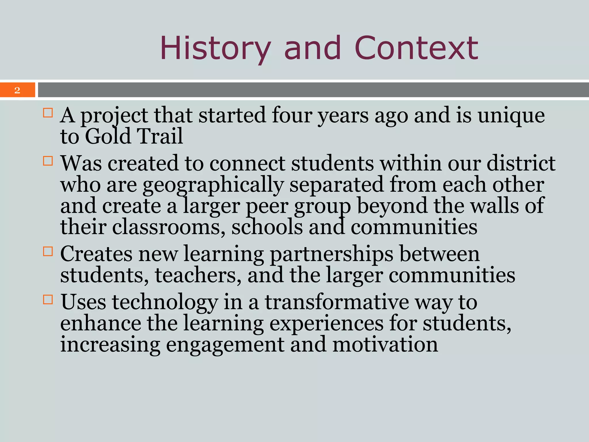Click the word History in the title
(215, 48)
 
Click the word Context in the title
(416, 48)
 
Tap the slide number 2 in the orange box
(17, 90)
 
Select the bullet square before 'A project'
(48, 113)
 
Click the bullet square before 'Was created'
(48, 161)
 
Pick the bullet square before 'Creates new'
(48, 251)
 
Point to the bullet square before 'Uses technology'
(48, 299)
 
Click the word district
(521, 163)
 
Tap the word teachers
(198, 276)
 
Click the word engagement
(225, 345)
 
